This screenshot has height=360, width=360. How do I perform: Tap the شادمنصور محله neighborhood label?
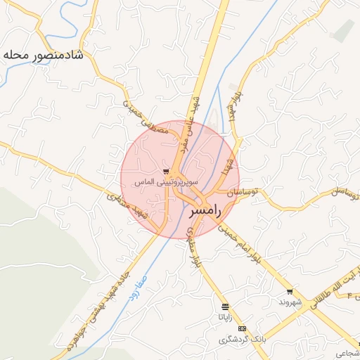pos(43,54)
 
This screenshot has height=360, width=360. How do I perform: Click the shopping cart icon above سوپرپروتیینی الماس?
pos(166,171)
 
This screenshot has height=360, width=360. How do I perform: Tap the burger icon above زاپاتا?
pos(225,307)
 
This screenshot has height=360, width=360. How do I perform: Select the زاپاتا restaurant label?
pos(225,317)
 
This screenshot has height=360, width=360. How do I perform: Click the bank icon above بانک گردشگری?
pos(242,329)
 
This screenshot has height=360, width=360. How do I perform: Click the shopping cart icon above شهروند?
pos(290,291)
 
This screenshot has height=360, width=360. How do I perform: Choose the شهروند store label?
pos(290,302)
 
